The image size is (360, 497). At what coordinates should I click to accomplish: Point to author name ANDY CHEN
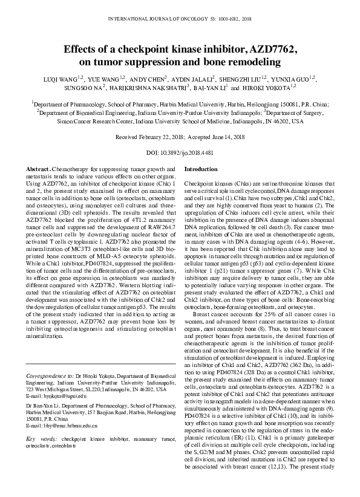[x=151, y=78]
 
